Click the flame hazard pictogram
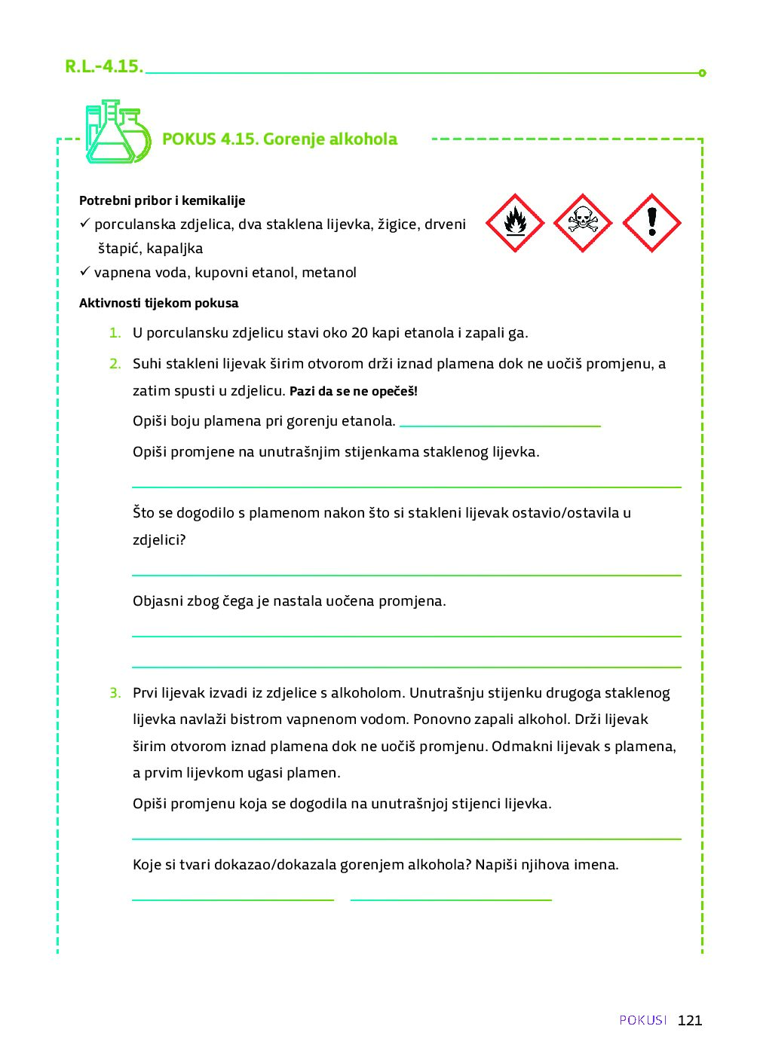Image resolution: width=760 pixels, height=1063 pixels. click(x=515, y=223)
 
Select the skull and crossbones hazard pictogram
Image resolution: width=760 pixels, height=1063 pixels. click(x=583, y=223)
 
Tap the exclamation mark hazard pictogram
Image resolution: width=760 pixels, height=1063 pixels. click(x=652, y=223)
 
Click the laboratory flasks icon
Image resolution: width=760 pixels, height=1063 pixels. click(x=117, y=133)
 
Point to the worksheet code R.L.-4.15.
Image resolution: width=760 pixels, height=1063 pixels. click(x=103, y=66)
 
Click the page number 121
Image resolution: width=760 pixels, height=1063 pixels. click(x=690, y=1020)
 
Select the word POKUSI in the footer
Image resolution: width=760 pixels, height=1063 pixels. click(x=643, y=1020)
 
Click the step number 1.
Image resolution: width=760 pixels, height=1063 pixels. click(x=115, y=333)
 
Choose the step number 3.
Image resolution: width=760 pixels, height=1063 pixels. click(x=115, y=693)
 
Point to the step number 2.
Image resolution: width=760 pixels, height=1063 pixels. click(x=115, y=364)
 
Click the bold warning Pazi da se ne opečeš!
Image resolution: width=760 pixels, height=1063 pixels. click(x=354, y=392)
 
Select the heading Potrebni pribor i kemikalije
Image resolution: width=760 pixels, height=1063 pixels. click(x=162, y=200)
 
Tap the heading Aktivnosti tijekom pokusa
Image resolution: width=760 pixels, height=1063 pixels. click(x=158, y=304)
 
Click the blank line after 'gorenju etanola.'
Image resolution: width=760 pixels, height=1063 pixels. click(x=500, y=424)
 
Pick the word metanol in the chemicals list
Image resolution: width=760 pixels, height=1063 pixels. click(x=329, y=273)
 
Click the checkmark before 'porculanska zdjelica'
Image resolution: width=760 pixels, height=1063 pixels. click(x=85, y=223)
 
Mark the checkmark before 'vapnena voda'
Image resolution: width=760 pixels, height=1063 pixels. click(x=85, y=271)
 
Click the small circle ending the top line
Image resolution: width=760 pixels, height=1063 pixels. click(x=702, y=73)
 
